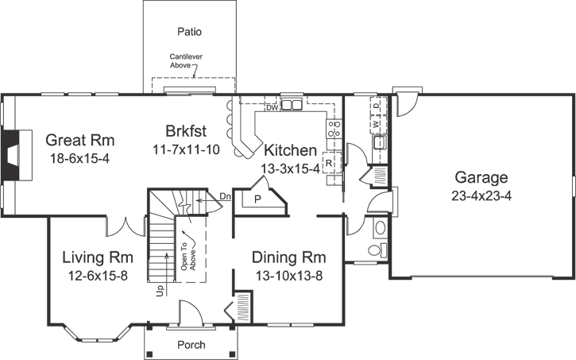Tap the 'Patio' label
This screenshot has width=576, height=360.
(189, 33)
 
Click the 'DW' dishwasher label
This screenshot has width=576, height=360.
(271, 106)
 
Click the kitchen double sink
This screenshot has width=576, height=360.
(292, 104)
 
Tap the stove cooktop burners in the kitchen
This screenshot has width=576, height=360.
(334, 129)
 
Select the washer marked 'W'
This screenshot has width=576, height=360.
(376, 124)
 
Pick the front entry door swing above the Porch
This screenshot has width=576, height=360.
(191, 313)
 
